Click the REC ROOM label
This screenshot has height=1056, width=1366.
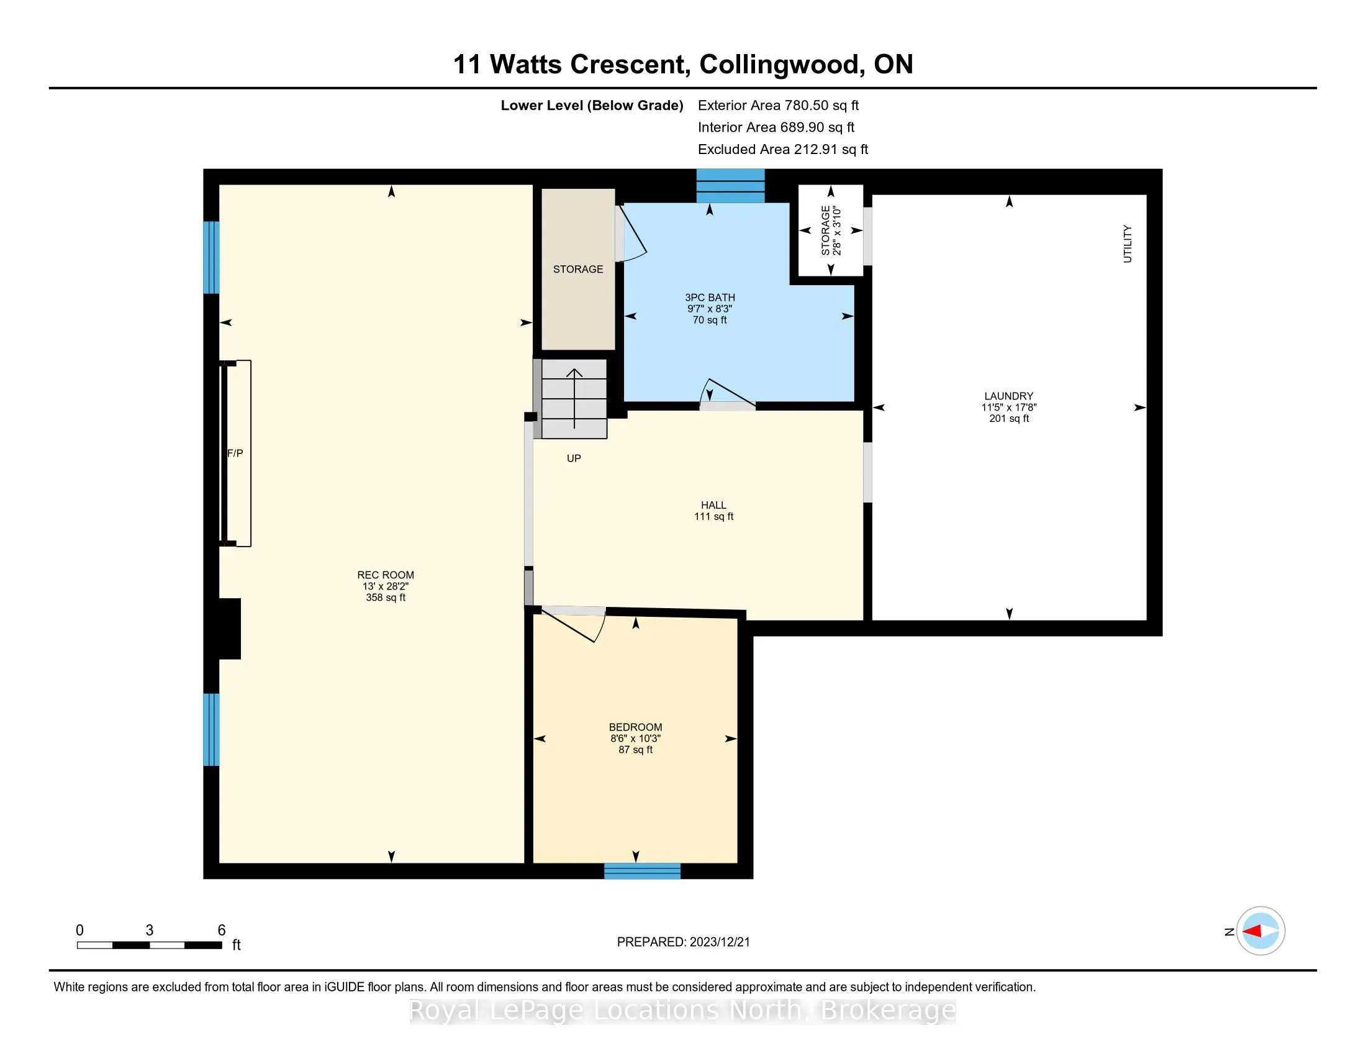(x=386, y=575)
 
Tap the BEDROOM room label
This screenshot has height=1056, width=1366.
(x=635, y=727)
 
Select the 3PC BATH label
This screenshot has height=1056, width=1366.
(x=710, y=298)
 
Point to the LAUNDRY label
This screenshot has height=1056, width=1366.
(x=1009, y=396)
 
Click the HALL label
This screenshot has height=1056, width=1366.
(x=713, y=505)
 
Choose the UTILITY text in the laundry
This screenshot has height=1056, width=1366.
(x=1128, y=244)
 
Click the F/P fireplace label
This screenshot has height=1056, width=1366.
(x=235, y=453)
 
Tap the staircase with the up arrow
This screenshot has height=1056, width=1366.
(x=574, y=399)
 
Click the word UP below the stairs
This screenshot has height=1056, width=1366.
(x=574, y=458)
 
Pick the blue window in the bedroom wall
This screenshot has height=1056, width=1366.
(x=643, y=871)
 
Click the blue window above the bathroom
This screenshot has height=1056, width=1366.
(x=731, y=185)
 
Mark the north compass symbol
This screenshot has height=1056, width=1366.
(x=1260, y=931)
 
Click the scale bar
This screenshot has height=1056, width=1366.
(x=150, y=945)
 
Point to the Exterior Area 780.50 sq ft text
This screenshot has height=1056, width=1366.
(x=778, y=106)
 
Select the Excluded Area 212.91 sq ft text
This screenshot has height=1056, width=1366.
(x=783, y=150)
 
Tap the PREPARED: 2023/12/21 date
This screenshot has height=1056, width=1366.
(x=683, y=942)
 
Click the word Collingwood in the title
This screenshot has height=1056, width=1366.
(x=779, y=65)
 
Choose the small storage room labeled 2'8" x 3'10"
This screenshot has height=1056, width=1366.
(x=831, y=230)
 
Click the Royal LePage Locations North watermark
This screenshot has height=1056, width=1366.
(x=683, y=1010)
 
